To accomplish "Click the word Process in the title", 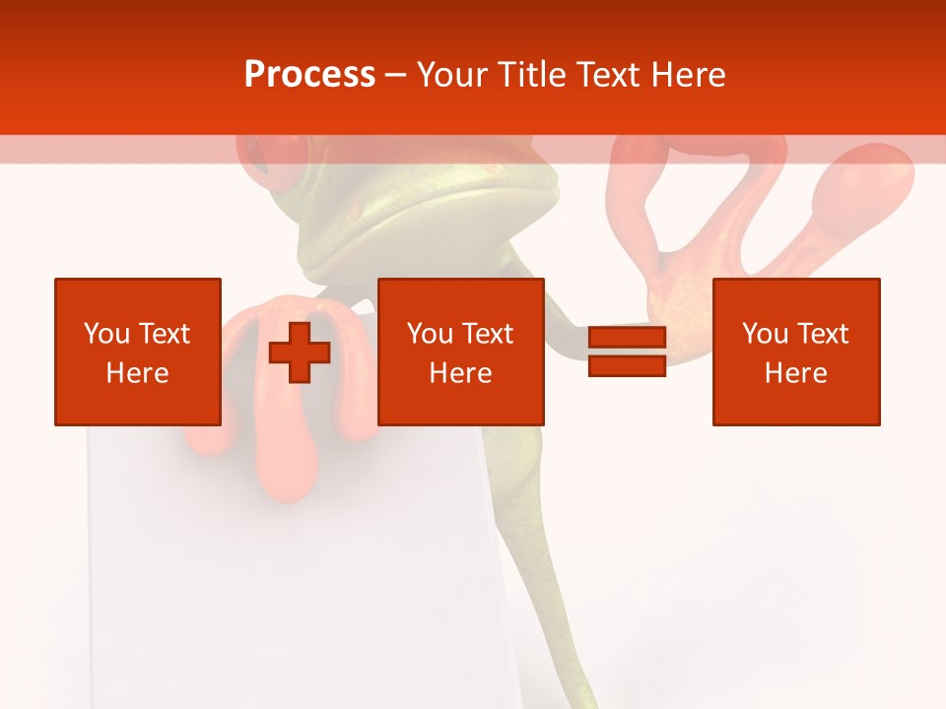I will (309, 75).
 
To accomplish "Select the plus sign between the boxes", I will (300, 353).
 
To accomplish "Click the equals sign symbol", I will (627, 353).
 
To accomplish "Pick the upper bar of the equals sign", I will (627, 338).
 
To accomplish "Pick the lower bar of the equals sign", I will (627, 366).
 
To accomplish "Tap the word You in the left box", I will (106, 334).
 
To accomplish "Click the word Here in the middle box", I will (460, 373).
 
